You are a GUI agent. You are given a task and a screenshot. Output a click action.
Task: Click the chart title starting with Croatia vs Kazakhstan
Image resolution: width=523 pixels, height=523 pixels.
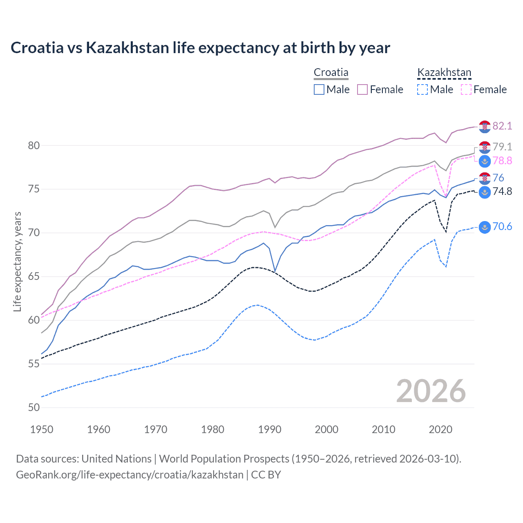click(x=200, y=48)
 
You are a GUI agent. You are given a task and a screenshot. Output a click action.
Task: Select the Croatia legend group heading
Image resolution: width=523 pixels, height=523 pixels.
click(x=331, y=73)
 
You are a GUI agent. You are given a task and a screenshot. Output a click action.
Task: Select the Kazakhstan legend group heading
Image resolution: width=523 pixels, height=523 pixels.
click(x=444, y=73)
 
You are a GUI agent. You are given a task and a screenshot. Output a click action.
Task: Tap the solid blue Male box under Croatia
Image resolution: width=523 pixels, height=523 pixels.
click(x=319, y=89)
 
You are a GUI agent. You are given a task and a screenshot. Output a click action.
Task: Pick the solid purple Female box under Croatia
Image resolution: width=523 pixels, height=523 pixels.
click(x=362, y=89)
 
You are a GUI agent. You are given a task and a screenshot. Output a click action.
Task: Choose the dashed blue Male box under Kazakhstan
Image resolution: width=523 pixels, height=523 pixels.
click(x=422, y=89)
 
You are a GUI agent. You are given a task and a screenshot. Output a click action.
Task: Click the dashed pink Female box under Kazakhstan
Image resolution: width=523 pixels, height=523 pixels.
click(x=466, y=89)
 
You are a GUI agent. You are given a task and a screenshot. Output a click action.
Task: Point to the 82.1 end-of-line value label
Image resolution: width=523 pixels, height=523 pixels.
click(x=502, y=126)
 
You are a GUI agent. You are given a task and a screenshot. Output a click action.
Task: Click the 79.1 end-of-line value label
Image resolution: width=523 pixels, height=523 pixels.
click(x=502, y=147)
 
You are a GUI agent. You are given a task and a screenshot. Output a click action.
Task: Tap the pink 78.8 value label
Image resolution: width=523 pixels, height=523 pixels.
click(x=502, y=161)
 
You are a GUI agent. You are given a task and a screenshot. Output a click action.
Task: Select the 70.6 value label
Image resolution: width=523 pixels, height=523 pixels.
click(x=502, y=227)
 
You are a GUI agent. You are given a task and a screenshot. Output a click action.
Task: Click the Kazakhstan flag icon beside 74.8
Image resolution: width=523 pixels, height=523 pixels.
click(x=485, y=192)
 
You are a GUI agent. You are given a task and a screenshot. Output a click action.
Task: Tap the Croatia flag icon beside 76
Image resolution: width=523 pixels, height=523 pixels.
click(x=485, y=178)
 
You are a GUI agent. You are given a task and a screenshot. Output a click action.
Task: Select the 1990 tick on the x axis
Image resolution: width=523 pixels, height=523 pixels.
click(x=270, y=429)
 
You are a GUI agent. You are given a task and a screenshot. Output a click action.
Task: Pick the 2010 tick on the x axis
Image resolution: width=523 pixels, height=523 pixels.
click(x=383, y=429)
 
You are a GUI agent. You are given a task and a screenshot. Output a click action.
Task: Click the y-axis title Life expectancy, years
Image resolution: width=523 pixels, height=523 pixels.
click(x=17, y=261)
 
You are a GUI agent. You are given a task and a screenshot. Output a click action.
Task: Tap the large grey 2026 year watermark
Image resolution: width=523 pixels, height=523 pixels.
click(x=431, y=391)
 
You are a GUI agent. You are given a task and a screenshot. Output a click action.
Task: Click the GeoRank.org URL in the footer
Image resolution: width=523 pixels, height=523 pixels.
click(x=130, y=475)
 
